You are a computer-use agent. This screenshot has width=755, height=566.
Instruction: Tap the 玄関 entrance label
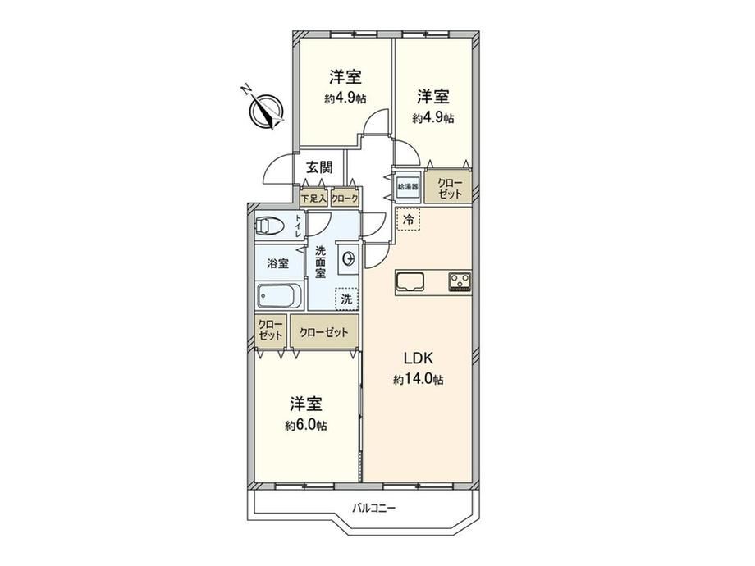click(320, 167)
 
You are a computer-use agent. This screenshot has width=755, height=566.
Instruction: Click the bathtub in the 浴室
click(279, 295)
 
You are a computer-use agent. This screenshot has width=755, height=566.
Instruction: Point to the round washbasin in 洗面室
click(348, 258)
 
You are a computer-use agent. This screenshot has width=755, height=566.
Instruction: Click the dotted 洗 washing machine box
click(346, 299)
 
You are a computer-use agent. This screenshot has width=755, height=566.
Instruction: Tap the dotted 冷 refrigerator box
click(408, 220)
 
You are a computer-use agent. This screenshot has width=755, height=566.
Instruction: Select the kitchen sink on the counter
click(410, 282)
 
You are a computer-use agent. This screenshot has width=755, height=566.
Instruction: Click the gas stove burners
click(460, 282)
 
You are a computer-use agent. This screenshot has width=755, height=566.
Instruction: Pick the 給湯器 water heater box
click(408, 185)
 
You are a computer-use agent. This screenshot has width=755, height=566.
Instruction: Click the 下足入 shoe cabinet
click(313, 198)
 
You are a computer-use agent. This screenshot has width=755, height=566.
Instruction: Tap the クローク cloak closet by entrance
click(345, 198)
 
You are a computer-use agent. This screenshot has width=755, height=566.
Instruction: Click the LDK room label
click(419, 358)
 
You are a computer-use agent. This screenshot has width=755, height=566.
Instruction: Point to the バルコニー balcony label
click(373, 509)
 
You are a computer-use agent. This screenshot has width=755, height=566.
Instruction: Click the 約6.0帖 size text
click(306, 426)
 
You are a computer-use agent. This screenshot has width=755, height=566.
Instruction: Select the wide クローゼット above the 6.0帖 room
click(324, 332)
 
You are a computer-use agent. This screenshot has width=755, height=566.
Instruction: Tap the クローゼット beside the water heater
click(449, 188)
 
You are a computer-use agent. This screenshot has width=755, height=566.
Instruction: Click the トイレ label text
click(299, 226)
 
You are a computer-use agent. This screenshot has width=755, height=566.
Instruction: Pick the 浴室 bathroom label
click(278, 263)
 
